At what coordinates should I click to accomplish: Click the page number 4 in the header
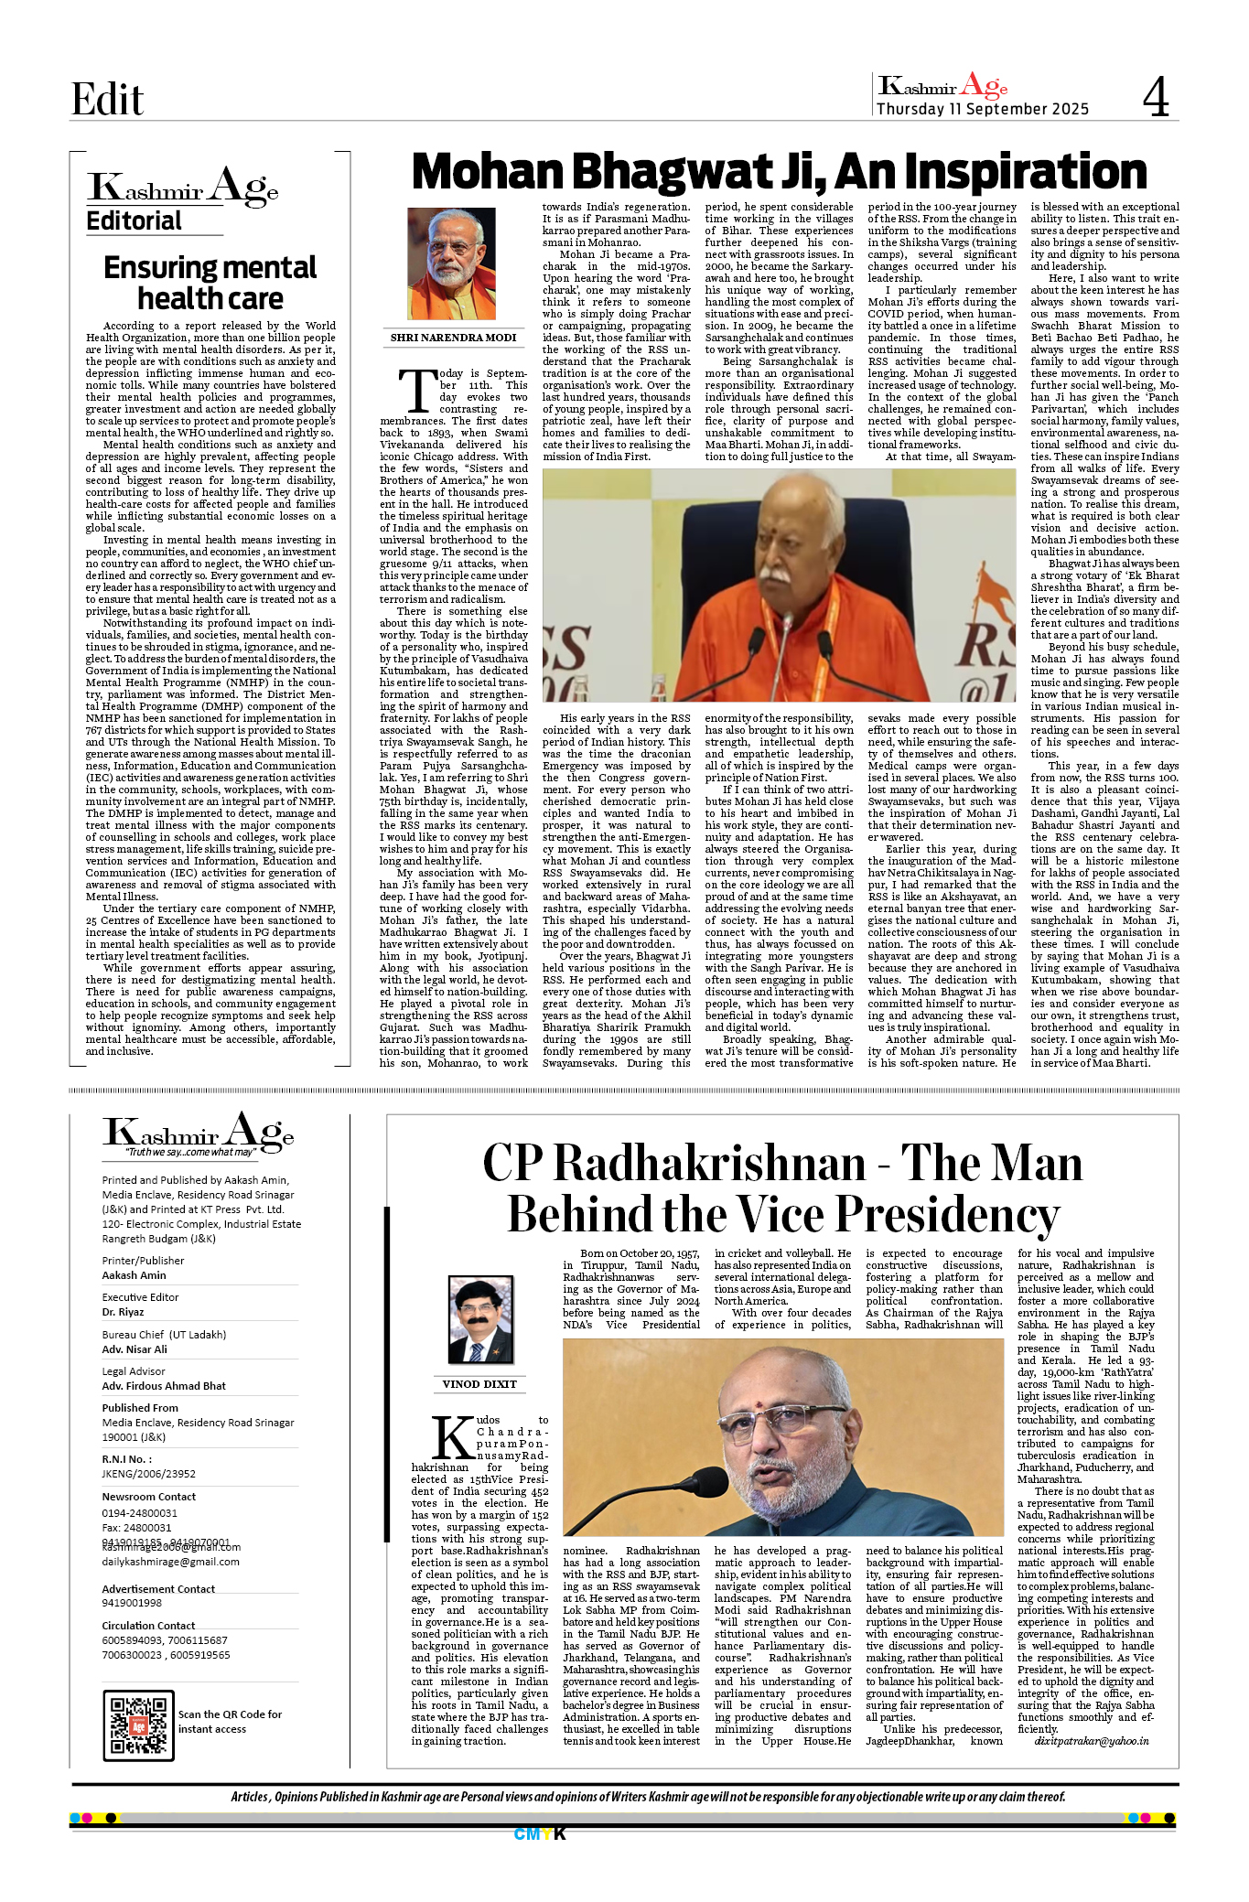[1156, 97]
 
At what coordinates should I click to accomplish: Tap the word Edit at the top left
[107, 99]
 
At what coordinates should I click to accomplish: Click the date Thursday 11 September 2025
[982, 109]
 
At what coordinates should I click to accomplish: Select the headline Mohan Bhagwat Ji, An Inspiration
[779, 172]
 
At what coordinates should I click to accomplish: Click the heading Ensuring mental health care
[210, 283]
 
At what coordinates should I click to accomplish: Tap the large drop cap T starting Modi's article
[417, 391]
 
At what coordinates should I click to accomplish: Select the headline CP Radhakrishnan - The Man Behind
[782, 1188]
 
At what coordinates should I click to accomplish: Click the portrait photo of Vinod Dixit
[479, 1321]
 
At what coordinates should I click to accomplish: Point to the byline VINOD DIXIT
[479, 1384]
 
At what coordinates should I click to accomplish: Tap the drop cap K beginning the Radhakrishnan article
[452, 1438]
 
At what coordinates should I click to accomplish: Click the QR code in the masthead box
[138, 1725]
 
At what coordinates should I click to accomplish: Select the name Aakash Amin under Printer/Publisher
[134, 1275]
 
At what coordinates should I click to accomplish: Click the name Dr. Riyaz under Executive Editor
[123, 1312]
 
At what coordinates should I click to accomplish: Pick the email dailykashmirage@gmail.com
[170, 1562]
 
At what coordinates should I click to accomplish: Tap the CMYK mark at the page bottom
[540, 1834]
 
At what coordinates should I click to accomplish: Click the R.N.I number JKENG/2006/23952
[148, 1474]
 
